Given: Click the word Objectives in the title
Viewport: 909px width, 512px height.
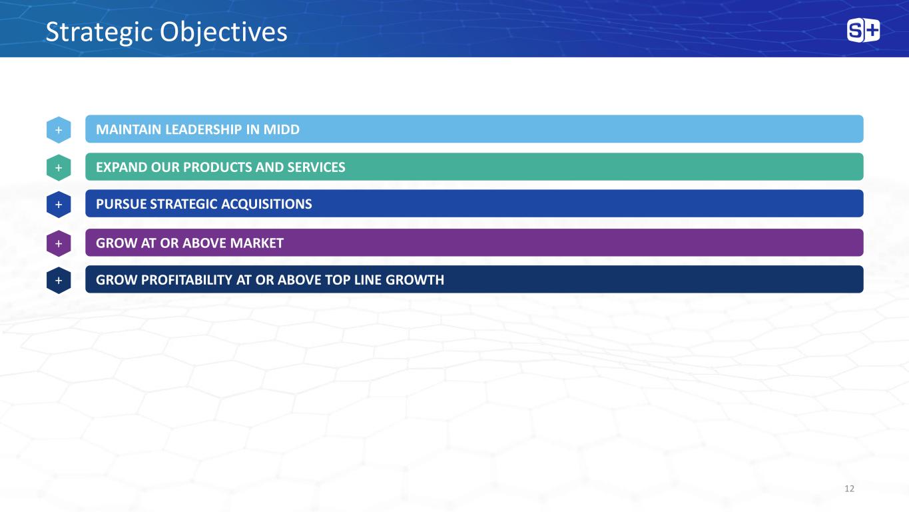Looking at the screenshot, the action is pyautogui.click(x=224, y=33).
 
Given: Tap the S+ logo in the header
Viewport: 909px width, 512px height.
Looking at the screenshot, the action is pyautogui.click(x=863, y=30).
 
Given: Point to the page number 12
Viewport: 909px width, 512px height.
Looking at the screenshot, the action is pyautogui.click(x=849, y=489).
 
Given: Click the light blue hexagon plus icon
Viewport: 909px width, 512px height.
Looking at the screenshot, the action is pyautogui.click(x=59, y=130).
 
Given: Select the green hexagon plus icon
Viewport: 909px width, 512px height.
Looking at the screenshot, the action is pyautogui.click(x=59, y=167).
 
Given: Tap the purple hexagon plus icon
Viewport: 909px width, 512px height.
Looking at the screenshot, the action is pyautogui.click(x=59, y=243).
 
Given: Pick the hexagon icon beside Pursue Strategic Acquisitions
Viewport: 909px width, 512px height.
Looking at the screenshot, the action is pyautogui.click(x=59, y=205).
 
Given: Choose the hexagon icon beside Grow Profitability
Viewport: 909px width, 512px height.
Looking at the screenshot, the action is pyautogui.click(x=59, y=281).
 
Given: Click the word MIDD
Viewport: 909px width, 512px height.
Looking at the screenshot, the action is pyautogui.click(x=281, y=129).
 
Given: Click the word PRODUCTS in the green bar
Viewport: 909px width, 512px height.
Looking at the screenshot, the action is pyautogui.click(x=218, y=167).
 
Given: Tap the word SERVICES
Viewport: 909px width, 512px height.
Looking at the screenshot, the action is pyautogui.click(x=316, y=167).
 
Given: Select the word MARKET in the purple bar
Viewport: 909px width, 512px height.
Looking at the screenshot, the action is pyautogui.click(x=256, y=243).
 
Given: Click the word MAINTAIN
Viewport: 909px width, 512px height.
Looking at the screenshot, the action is pyautogui.click(x=129, y=129).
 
